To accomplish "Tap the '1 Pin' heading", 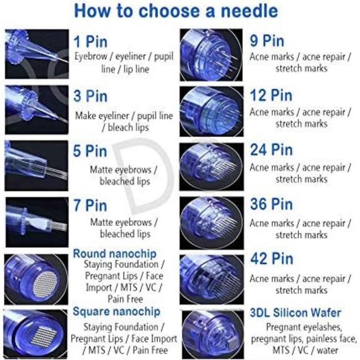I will [x=90, y=42].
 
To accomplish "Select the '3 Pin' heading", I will [x=90, y=96].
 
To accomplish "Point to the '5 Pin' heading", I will [x=90, y=151].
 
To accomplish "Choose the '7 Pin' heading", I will [x=90, y=206].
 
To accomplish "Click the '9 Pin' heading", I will [x=267, y=41].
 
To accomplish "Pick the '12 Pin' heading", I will [x=271, y=96].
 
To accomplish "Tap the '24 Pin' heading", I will [x=271, y=150].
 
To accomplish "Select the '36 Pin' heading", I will [x=271, y=204].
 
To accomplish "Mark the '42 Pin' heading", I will [x=271, y=259].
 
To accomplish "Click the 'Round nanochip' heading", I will [x=114, y=253].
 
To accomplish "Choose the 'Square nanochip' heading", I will [x=117, y=311].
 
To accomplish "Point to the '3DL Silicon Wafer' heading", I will [x=295, y=312].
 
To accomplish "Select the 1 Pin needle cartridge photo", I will [x=36, y=54].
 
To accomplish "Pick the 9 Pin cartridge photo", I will [x=211, y=55].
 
